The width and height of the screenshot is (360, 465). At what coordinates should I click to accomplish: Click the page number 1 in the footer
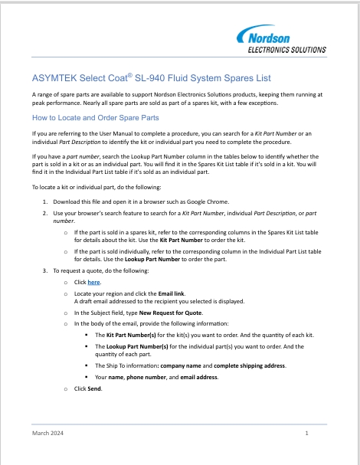point(306,434)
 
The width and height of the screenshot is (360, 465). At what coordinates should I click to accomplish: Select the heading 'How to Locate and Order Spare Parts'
point(95,119)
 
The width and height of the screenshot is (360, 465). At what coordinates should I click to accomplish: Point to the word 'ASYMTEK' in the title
point(54,78)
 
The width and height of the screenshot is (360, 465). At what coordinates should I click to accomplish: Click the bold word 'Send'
point(94,388)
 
